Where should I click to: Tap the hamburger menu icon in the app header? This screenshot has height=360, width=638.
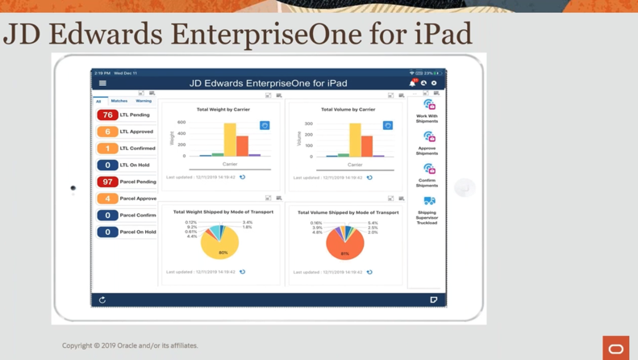(x=102, y=83)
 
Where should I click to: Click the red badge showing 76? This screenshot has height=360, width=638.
(x=107, y=115)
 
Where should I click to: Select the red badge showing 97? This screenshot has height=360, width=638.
(x=107, y=182)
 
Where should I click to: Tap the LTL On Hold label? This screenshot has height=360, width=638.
(x=135, y=165)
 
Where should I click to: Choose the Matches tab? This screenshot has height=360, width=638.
(x=119, y=101)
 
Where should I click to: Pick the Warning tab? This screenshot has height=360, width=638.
(x=144, y=101)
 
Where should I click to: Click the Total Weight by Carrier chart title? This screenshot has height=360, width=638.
(x=223, y=109)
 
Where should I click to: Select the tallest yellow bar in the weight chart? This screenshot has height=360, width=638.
(x=230, y=139)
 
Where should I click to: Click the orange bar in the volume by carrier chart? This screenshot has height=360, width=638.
(x=367, y=145)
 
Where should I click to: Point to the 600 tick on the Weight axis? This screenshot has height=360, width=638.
(x=181, y=123)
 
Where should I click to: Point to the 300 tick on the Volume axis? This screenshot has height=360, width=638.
(x=308, y=123)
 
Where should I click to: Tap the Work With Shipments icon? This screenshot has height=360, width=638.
(x=429, y=105)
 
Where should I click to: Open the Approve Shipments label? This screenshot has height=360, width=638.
(x=427, y=151)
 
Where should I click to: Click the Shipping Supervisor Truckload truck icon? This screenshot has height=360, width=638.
(x=429, y=201)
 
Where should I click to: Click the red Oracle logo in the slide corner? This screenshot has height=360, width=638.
(x=616, y=348)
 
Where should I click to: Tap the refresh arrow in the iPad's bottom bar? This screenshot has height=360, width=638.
(x=102, y=299)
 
